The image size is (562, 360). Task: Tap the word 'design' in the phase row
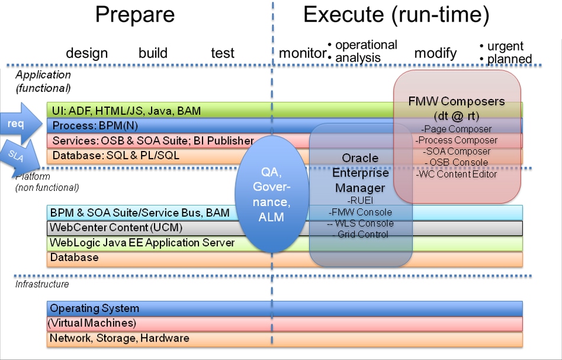click(86, 53)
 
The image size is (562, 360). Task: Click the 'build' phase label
click(153, 53)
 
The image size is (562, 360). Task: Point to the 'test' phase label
click(223, 53)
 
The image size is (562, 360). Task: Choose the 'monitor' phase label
click(302, 53)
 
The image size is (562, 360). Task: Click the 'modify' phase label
click(435, 53)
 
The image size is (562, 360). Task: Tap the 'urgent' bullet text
click(505, 46)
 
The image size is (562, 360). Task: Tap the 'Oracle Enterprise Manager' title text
click(360, 173)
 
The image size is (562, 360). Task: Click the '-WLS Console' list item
click(360, 223)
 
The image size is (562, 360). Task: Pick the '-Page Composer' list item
click(456, 128)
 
